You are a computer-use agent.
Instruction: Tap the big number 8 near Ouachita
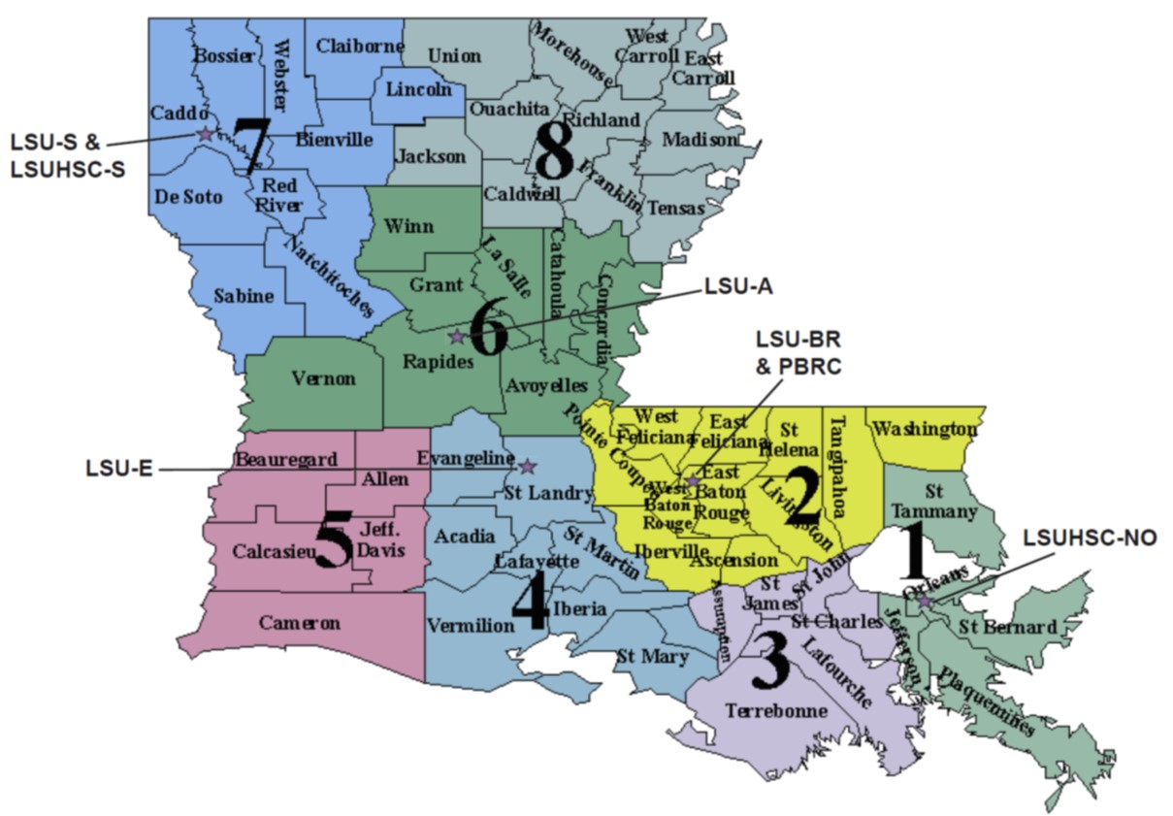click(x=554, y=154)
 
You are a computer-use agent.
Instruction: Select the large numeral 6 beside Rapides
click(x=487, y=333)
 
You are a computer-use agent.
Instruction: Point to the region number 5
click(x=333, y=544)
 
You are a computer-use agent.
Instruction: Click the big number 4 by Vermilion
click(x=530, y=603)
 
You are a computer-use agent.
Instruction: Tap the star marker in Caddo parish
click(x=205, y=134)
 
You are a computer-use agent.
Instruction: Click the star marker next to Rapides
click(x=456, y=338)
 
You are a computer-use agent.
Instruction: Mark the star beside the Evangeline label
click(x=528, y=467)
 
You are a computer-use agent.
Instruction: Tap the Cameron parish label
click(x=300, y=623)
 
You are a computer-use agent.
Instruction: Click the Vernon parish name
click(x=323, y=378)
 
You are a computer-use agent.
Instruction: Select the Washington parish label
click(x=925, y=428)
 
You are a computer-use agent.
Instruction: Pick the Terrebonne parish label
click(x=776, y=711)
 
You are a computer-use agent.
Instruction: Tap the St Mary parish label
click(x=652, y=657)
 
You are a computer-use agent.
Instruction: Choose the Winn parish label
click(x=408, y=227)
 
